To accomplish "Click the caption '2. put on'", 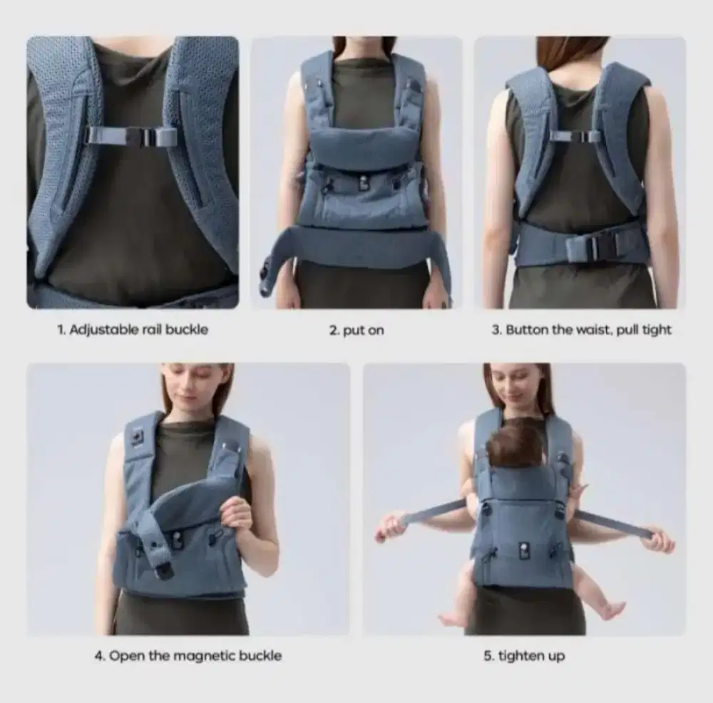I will pyautogui.click(x=356, y=330).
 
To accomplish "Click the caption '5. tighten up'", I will pyautogui.click(x=524, y=656).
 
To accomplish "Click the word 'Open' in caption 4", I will pyautogui.click(x=124, y=655).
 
